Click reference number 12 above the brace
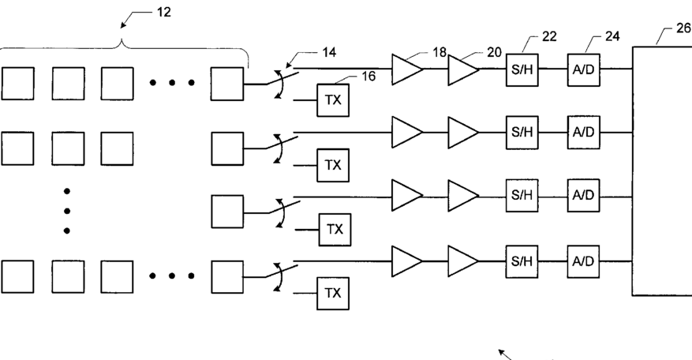[164, 13]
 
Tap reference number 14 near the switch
[329, 53]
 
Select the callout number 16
[368, 77]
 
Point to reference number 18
[440, 53]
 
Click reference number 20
[495, 53]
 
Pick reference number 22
[549, 36]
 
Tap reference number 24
[612, 36]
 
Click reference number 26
[683, 28]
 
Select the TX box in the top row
[333, 100]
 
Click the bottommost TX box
[333, 294]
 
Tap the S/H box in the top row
[522, 69]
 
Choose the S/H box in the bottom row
[522, 261]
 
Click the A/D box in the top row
[583, 69]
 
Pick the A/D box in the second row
[583, 133]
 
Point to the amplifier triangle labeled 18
[407, 69]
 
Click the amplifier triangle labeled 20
[463, 69]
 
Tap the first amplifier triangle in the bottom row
[407, 261]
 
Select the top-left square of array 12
[17, 84]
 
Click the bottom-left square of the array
[17, 276]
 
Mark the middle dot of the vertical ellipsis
[66, 211]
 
